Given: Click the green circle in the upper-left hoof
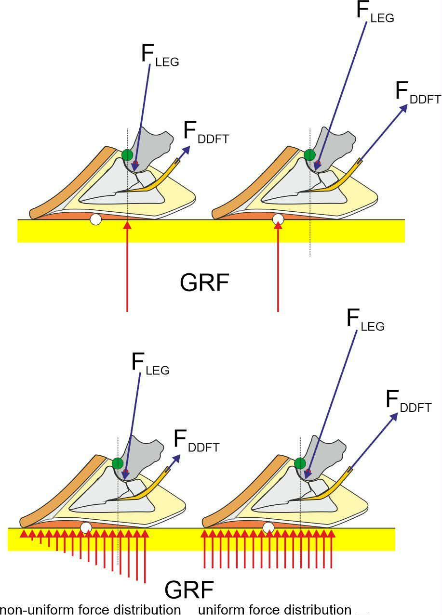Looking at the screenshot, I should click(127, 155).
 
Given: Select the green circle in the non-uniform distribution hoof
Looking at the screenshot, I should click(118, 463).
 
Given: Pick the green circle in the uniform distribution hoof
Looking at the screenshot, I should click(300, 463).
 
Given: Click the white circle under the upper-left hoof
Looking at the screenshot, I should click(96, 220).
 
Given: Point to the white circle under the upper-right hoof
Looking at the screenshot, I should click(278, 220).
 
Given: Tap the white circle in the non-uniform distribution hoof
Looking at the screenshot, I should click(86, 528).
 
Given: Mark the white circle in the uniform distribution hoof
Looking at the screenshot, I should click(268, 528).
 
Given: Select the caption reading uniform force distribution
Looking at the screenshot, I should click(275, 608).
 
